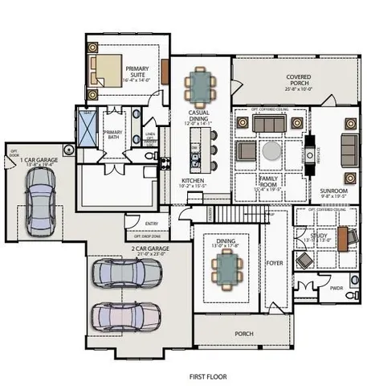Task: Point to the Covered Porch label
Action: (x=304, y=81)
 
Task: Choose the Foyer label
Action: (x=274, y=261)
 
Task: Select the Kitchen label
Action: (x=192, y=183)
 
